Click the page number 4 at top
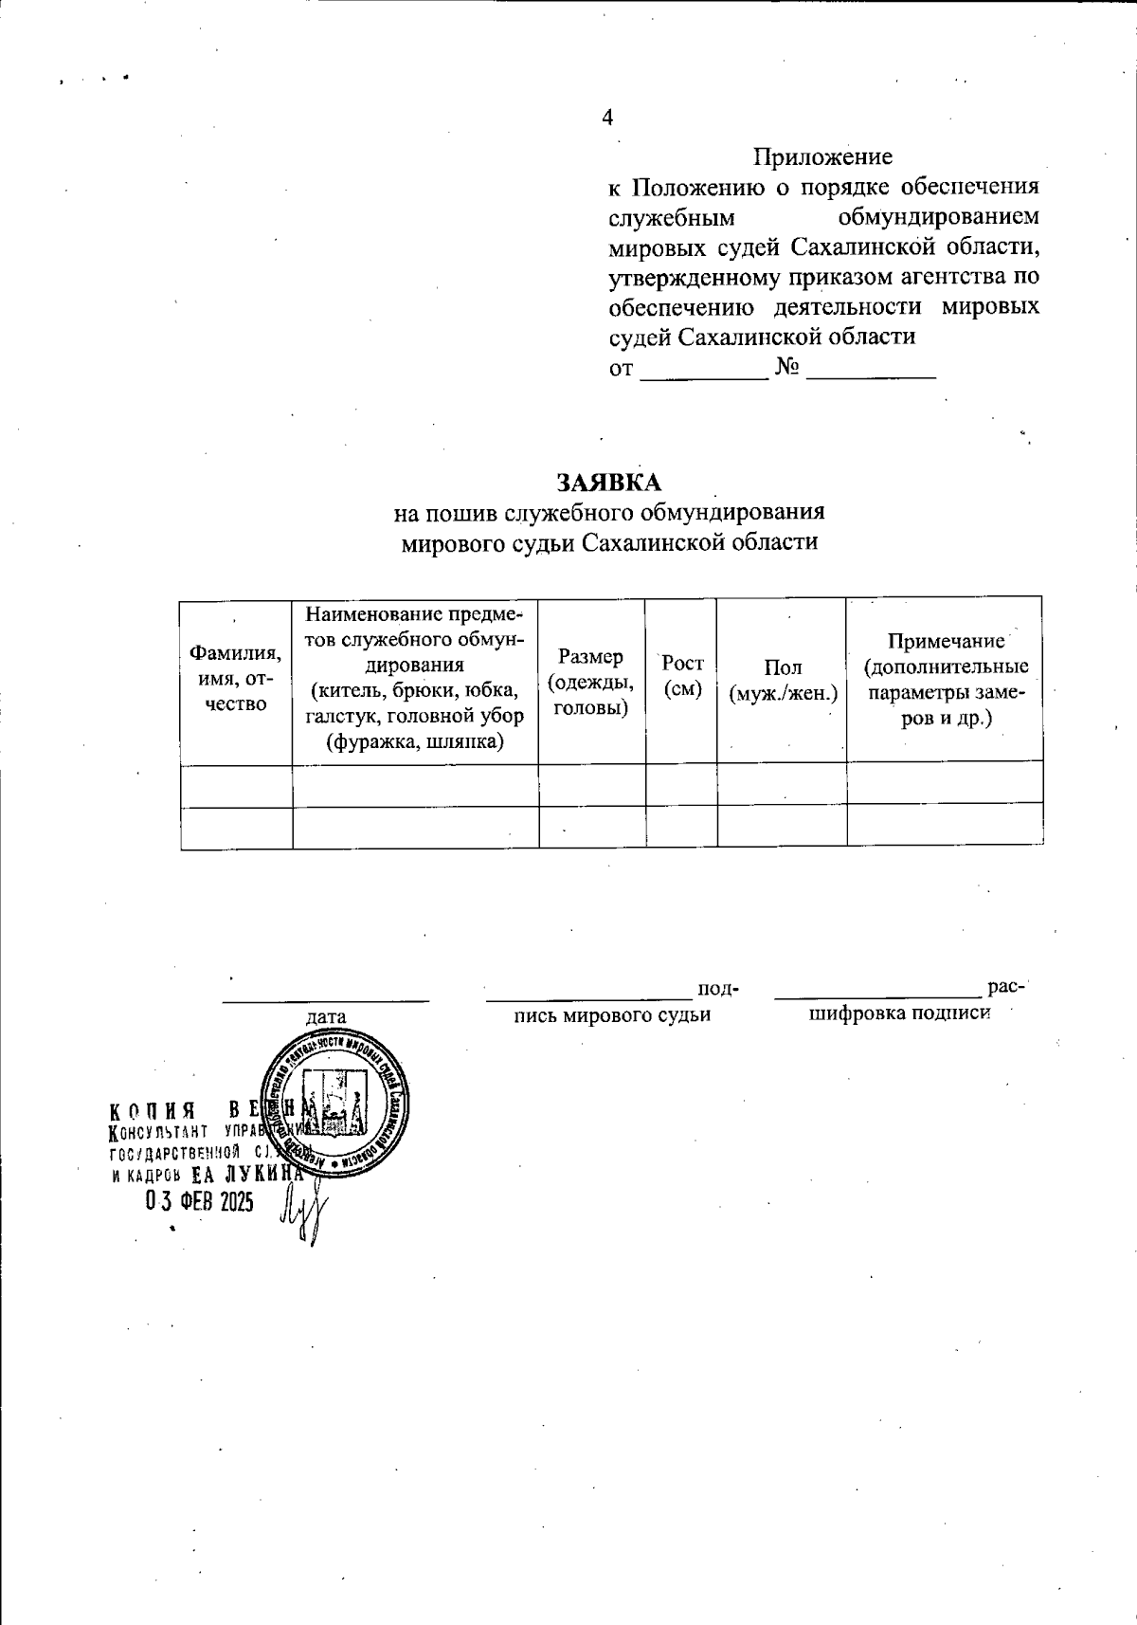pyautogui.click(x=607, y=118)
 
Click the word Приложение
pyautogui.click(x=822, y=155)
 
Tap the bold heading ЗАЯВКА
pyautogui.click(x=608, y=482)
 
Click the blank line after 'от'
pyautogui.click(x=704, y=369)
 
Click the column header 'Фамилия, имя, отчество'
pyautogui.click(x=236, y=678)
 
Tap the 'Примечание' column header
pyautogui.click(x=945, y=678)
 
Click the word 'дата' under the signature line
pyautogui.click(x=325, y=1015)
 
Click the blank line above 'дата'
pyautogui.click(x=326, y=996)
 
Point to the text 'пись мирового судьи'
pyautogui.click(x=611, y=1015)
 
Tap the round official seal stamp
pyautogui.click(x=334, y=1102)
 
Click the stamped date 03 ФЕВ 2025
pyautogui.click(x=199, y=1202)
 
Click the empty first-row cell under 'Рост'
pyautogui.click(x=681, y=785)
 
